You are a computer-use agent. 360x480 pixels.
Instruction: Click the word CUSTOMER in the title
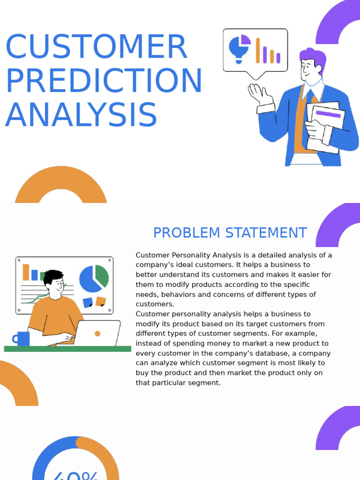pyautogui.click(x=96, y=47)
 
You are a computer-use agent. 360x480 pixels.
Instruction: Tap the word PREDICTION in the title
pyautogui.click(x=104, y=81)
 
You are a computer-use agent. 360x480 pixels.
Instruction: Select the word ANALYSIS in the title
pyautogui.click(x=81, y=115)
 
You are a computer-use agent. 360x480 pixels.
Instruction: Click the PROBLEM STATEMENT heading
pyautogui.click(x=230, y=232)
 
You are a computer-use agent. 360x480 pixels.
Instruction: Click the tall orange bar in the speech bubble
pyautogui.click(x=258, y=50)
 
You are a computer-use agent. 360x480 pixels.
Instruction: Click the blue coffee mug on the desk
pyautogui.click(x=22, y=338)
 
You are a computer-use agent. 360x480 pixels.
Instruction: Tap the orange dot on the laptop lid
pyautogui.click(x=97, y=334)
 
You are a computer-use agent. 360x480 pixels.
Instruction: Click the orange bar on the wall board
pyautogui.click(x=26, y=272)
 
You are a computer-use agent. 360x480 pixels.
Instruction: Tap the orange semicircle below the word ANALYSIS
pyautogui.click(x=61, y=185)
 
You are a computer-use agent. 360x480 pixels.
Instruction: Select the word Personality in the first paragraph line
pyautogui.click(x=188, y=255)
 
